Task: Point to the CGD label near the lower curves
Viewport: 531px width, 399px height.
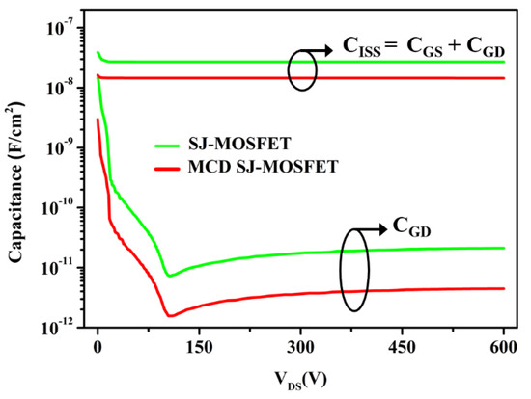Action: pos(410,226)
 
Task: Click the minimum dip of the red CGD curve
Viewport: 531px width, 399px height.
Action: pos(170,315)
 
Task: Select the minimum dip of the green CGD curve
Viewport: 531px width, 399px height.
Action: pos(170,276)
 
